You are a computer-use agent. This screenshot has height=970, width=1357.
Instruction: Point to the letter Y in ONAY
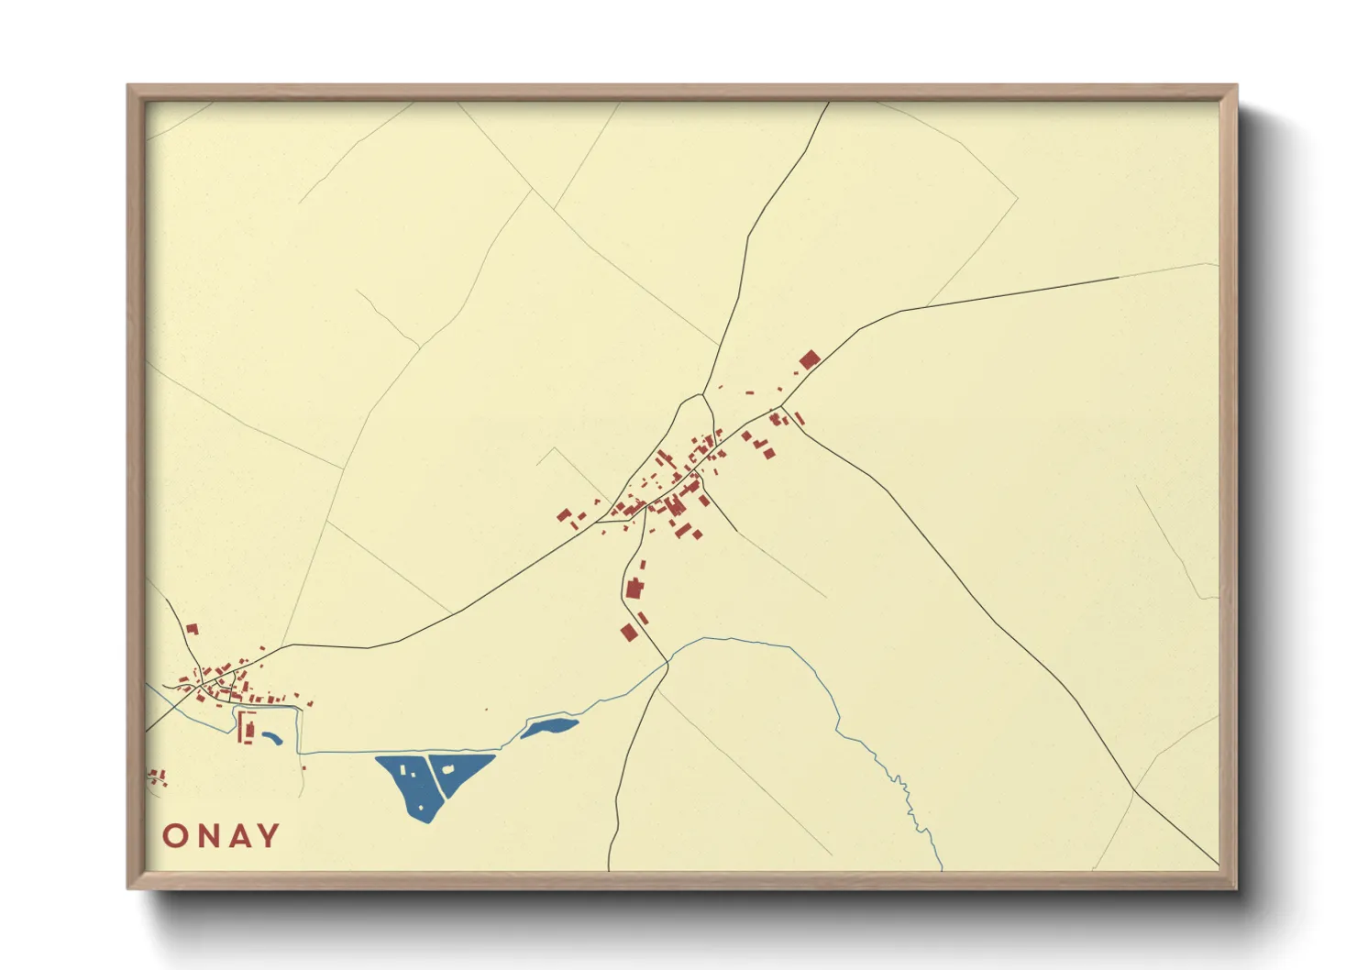[x=269, y=836]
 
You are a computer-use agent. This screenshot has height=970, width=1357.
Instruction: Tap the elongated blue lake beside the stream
[x=549, y=727]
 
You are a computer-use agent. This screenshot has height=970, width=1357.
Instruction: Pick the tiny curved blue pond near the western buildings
[x=272, y=736]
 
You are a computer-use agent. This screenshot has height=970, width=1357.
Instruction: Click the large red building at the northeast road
[x=809, y=359]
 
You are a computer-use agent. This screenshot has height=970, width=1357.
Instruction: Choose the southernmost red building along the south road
[x=629, y=632]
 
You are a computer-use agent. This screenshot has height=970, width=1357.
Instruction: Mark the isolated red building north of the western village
[x=192, y=629]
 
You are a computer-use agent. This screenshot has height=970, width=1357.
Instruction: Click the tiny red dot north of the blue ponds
[x=487, y=710]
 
